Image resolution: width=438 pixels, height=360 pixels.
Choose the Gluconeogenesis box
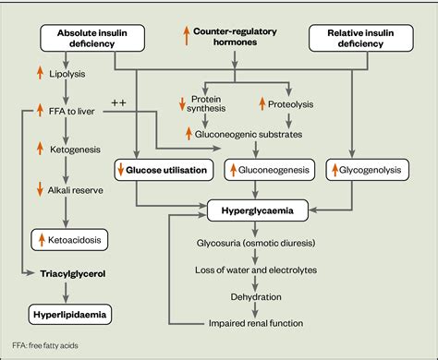[x=263, y=169]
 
